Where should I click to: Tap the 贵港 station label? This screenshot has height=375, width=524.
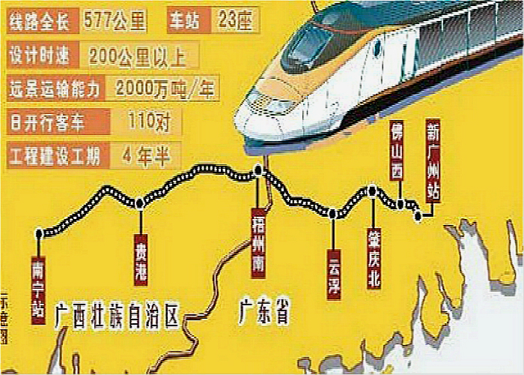coord(140,259)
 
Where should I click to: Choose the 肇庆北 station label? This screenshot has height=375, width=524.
coord(373,258)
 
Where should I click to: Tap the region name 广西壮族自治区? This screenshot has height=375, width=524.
coord(118,316)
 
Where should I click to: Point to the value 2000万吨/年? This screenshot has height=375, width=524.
coord(165,88)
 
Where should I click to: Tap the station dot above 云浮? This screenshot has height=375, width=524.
coord(332,214)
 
